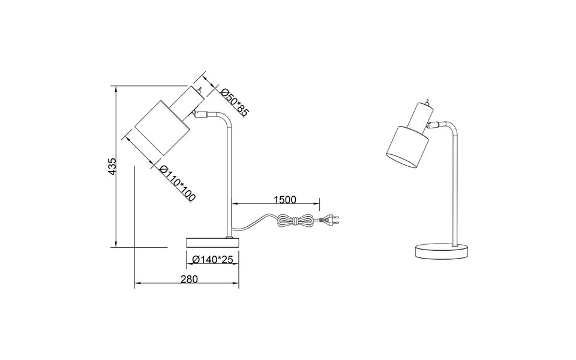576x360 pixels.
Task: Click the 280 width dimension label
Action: point(188,278)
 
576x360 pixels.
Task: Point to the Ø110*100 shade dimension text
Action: point(178,184)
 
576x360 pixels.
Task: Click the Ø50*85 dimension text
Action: point(233,102)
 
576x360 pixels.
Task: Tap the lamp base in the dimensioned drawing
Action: point(212,242)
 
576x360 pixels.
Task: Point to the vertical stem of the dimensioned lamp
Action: point(229,180)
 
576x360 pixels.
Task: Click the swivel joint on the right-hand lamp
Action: point(436,125)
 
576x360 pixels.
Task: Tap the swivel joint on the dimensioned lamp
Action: point(200,113)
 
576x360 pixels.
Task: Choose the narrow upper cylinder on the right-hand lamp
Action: point(422,113)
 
